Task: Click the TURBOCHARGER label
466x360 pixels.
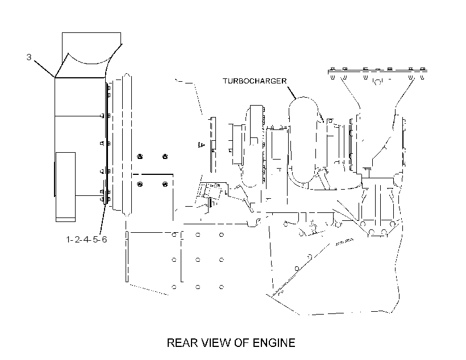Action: (255, 81)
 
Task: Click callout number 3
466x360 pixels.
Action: (29, 57)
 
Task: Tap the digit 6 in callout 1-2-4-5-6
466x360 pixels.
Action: (104, 240)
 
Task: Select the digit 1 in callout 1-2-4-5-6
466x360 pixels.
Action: (68, 240)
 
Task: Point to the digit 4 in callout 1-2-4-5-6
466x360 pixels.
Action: (86, 240)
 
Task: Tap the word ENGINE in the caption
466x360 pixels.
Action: (274, 343)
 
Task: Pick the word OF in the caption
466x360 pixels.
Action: (242, 343)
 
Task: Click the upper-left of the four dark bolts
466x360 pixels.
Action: (140, 157)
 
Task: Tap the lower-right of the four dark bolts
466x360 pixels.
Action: (165, 185)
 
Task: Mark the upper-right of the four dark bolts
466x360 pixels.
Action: (165, 157)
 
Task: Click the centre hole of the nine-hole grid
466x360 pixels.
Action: (198, 260)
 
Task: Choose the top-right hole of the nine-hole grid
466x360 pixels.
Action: (222, 235)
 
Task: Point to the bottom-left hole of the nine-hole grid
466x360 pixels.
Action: (174, 287)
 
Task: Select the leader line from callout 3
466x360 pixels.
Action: (44, 69)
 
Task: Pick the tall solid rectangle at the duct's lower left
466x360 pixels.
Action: (66, 187)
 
